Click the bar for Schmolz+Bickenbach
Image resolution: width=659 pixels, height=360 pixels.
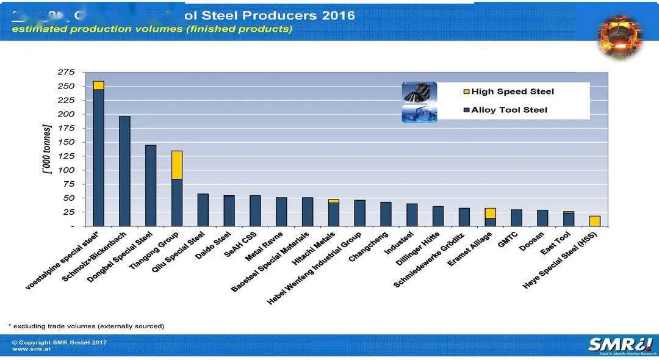tap(124, 171)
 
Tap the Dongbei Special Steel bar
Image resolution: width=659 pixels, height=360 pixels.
tap(151, 185)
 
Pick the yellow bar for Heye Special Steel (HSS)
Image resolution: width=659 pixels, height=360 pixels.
tap(595, 221)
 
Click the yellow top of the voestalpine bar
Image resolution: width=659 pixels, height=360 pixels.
tap(98, 85)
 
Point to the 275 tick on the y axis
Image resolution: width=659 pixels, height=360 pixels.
tap(66, 72)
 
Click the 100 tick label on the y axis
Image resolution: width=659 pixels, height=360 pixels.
tap(66, 170)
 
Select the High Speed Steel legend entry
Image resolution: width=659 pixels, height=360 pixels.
tap(512, 92)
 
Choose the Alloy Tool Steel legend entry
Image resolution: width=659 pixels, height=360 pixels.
tap(509, 110)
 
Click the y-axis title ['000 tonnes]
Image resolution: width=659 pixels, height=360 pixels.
tap(47, 149)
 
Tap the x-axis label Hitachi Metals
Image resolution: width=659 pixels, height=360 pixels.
tap(312, 250)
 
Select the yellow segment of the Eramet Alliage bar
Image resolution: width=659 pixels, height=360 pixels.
tap(490, 213)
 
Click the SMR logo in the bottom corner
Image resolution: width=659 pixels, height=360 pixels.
tap(619, 345)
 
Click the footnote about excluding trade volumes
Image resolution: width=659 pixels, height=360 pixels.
tap(86, 326)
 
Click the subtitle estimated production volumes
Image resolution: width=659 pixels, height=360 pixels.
tap(152, 29)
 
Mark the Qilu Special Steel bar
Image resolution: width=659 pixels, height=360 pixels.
tap(203, 210)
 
